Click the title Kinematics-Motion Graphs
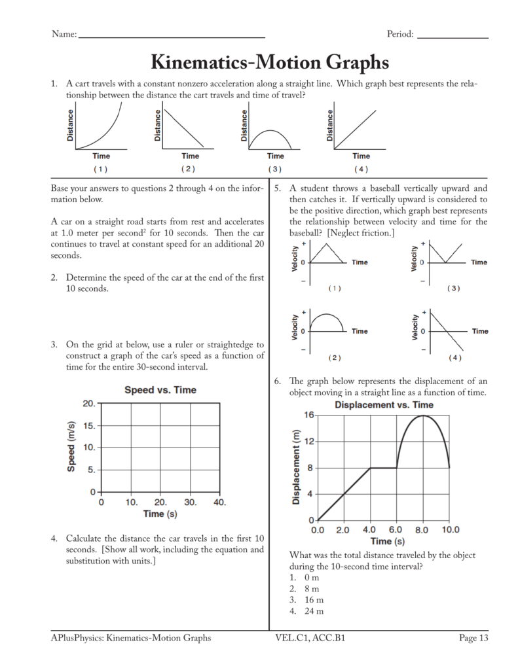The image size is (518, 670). (270, 62)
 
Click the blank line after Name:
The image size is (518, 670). (172, 37)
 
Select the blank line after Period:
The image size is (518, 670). (453, 37)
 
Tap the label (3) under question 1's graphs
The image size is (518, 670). (274, 169)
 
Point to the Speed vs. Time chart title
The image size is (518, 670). (160, 390)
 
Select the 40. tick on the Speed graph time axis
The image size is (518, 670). (219, 502)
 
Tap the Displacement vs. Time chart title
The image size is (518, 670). (384, 405)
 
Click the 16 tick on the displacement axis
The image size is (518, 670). (308, 415)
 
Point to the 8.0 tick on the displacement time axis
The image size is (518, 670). (422, 529)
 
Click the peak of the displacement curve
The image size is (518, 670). (424, 415)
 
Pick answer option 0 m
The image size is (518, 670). (311, 578)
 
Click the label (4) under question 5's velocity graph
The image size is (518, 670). (454, 358)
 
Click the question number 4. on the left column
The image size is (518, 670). (55, 538)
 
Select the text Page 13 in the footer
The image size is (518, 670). (473, 638)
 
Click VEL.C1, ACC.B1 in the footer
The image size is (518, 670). (310, 638)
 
